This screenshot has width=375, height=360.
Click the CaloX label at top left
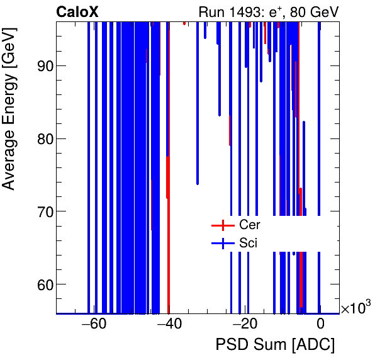coord(77,11)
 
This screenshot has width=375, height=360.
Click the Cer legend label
coord(249,225)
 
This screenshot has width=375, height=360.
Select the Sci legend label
coord(248,242)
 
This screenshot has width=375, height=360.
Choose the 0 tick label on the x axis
coord(320,325)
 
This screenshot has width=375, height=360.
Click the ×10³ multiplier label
coord(355,309)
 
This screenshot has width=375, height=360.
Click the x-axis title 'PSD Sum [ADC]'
coord(275,346)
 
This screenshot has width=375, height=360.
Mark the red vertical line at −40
coord(169,252)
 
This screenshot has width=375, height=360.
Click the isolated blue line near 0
coord(320,277)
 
